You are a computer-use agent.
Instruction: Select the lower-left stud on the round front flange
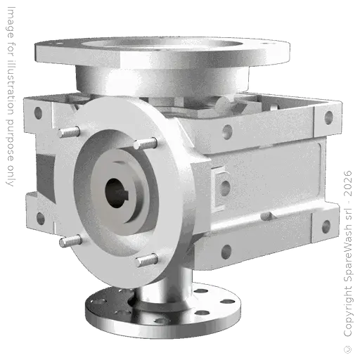pos(67,240)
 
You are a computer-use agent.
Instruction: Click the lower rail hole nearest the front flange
pos(225,251)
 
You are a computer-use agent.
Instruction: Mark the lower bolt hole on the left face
pos(39,219)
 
